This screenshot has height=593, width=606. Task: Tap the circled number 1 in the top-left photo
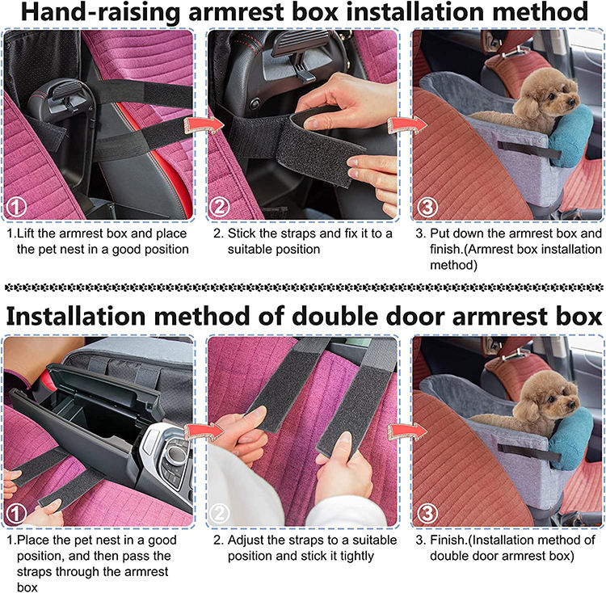click(x=15, y=207)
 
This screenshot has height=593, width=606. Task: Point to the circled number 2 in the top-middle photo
click(x=219, y=207)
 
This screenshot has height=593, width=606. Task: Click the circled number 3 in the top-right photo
click(x=427, y=207)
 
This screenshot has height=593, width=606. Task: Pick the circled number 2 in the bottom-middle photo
click(x=219, y=513)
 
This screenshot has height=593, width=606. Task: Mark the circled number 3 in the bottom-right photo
click(x=427, y=513)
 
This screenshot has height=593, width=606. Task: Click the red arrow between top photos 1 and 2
click(x=204, y=125)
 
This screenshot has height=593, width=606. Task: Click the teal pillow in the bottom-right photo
click(x=570, y=439)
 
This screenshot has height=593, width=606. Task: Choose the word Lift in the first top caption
click(x=27, y=233)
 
